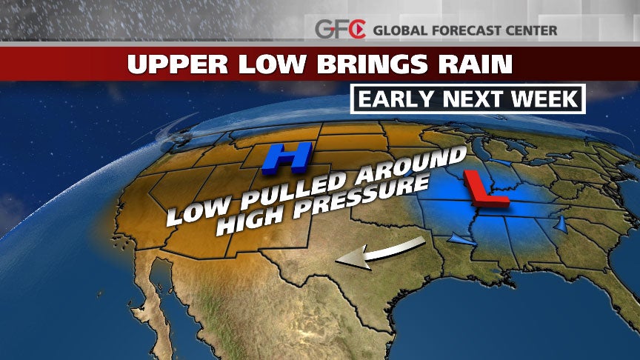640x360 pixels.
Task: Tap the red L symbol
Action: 485,189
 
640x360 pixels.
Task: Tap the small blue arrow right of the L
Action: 560,223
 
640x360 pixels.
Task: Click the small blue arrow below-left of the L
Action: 460,239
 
